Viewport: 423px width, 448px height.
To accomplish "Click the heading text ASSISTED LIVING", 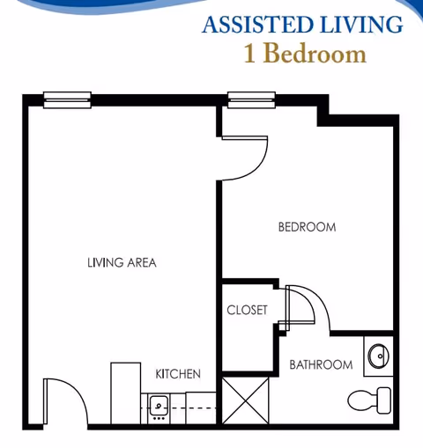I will [x=302, y=24].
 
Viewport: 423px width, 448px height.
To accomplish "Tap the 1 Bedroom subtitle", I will [x=303, y=54].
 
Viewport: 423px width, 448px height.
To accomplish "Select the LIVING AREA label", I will [x=122, y=262].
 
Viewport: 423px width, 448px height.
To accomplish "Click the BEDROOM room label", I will [x=307, y=227].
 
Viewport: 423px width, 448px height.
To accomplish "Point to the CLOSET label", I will [x=247, y=310].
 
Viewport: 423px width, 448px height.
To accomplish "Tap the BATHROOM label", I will [x=321, y=364].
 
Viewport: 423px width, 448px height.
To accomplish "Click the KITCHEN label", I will [x=178, y=374].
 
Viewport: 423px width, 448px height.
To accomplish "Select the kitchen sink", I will [x=159, y=405].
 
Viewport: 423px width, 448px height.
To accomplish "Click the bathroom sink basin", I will [x=377, y=356].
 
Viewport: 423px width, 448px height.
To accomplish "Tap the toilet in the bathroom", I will [x=379, y=400].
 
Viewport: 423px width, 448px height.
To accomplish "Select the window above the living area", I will [x=67, y=100].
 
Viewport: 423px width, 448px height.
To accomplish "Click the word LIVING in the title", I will [x=354, y=24].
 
